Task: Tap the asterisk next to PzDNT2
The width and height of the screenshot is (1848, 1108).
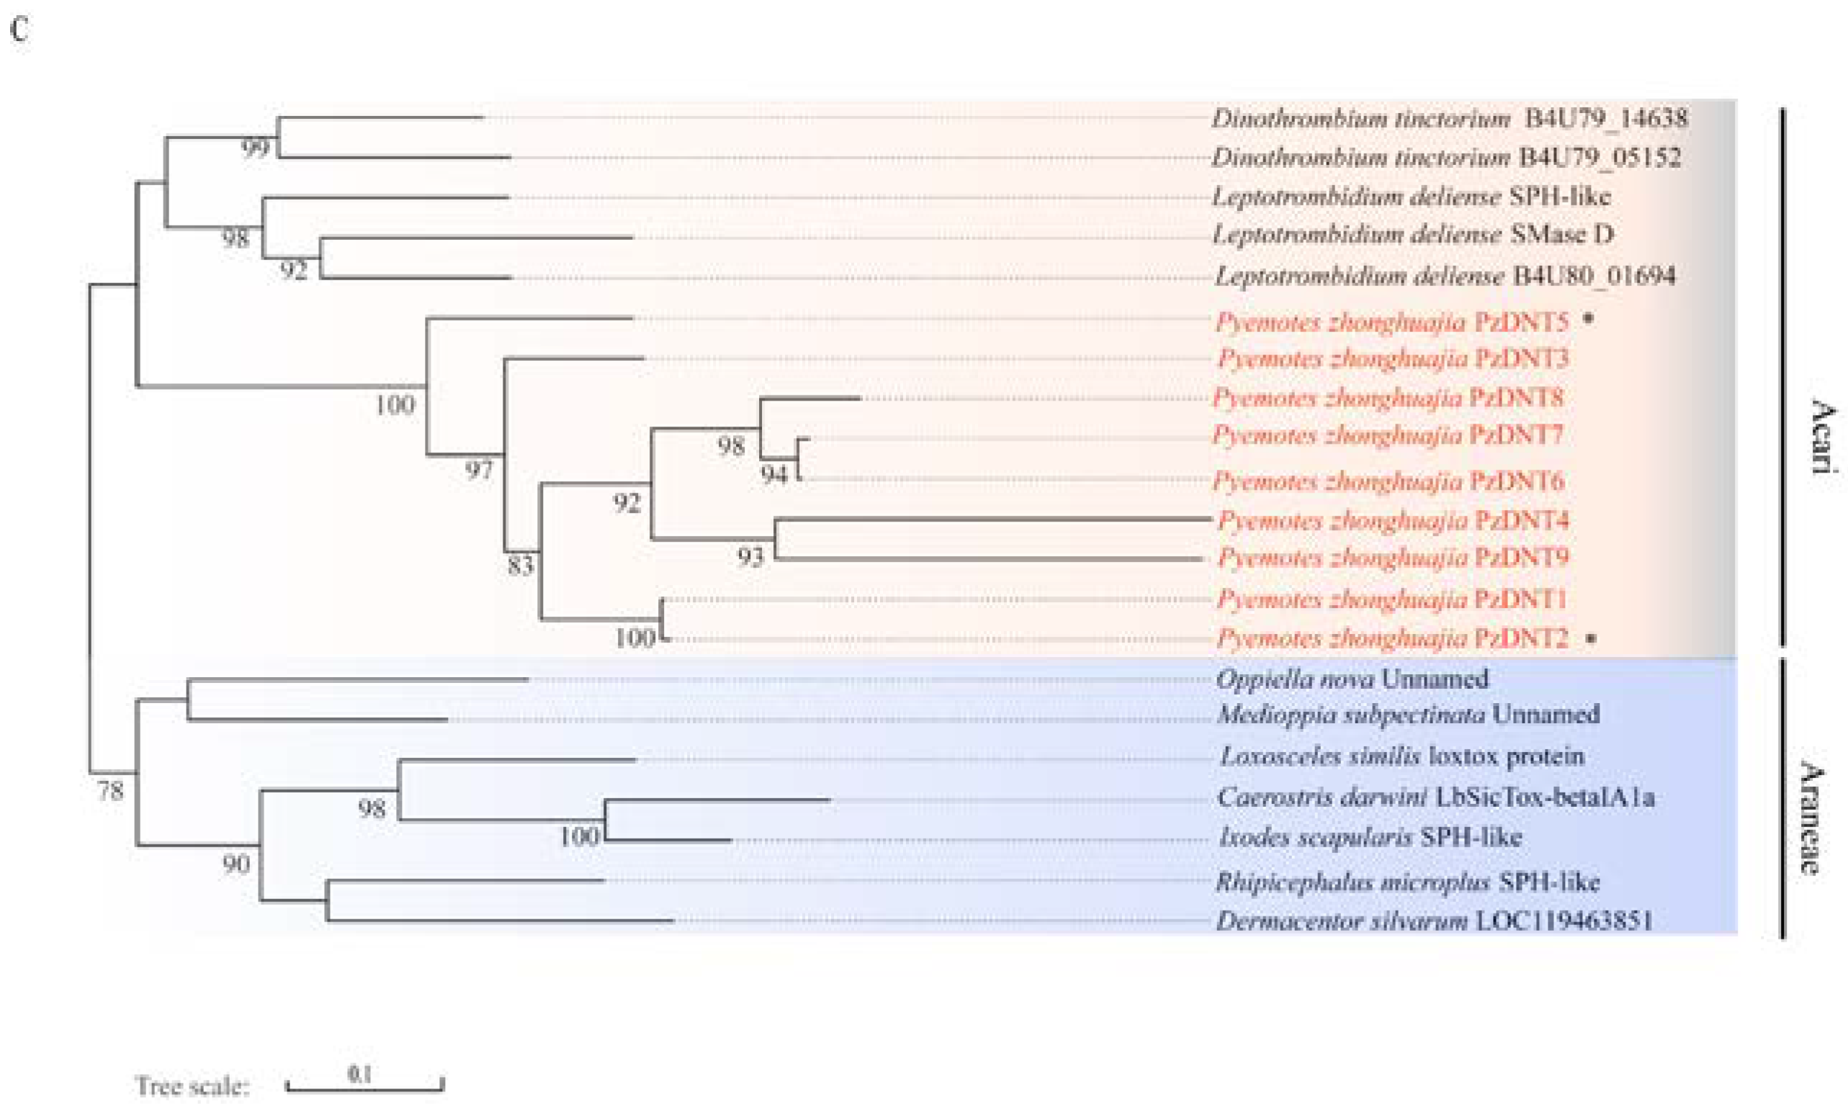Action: [1590, 638]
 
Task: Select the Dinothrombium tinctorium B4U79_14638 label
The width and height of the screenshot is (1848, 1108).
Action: [1449, 118]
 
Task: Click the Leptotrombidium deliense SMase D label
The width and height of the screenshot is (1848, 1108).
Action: [1412, 234]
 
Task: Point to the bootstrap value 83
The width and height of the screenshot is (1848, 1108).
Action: [520, 566]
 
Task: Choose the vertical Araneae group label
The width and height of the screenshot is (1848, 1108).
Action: [1811, 817]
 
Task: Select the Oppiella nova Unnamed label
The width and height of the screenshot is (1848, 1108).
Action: [1352, 679]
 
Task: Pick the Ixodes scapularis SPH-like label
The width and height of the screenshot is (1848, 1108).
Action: [1369, 837]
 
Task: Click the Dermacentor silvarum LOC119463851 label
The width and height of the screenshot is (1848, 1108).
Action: [1434, 921]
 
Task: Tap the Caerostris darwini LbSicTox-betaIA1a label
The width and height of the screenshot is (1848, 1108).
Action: [1435, 797]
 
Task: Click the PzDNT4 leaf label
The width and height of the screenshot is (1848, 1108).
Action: [1393, 519]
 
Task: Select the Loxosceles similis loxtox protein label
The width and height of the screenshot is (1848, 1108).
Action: [1401, 756]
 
